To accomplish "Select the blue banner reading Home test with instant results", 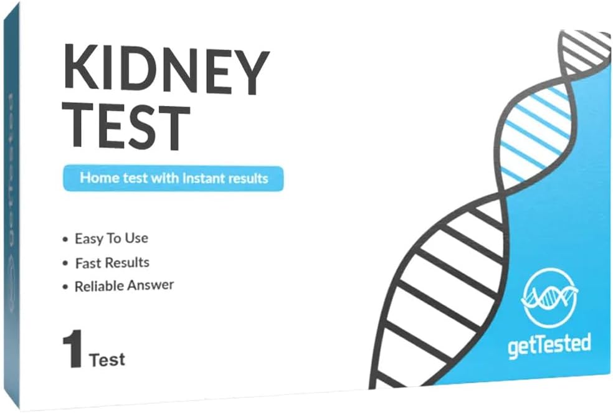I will tap(173, 178).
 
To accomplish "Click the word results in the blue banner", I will tap(247, 178).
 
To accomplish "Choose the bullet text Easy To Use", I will tap(111, 239).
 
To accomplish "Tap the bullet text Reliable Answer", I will tap(124, 286).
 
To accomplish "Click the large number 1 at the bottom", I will tap(72, 351).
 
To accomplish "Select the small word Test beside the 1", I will tap(107, 359).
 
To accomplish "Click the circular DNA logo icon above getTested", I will tap(546, 295).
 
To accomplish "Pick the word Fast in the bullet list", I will tap(87, 262).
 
